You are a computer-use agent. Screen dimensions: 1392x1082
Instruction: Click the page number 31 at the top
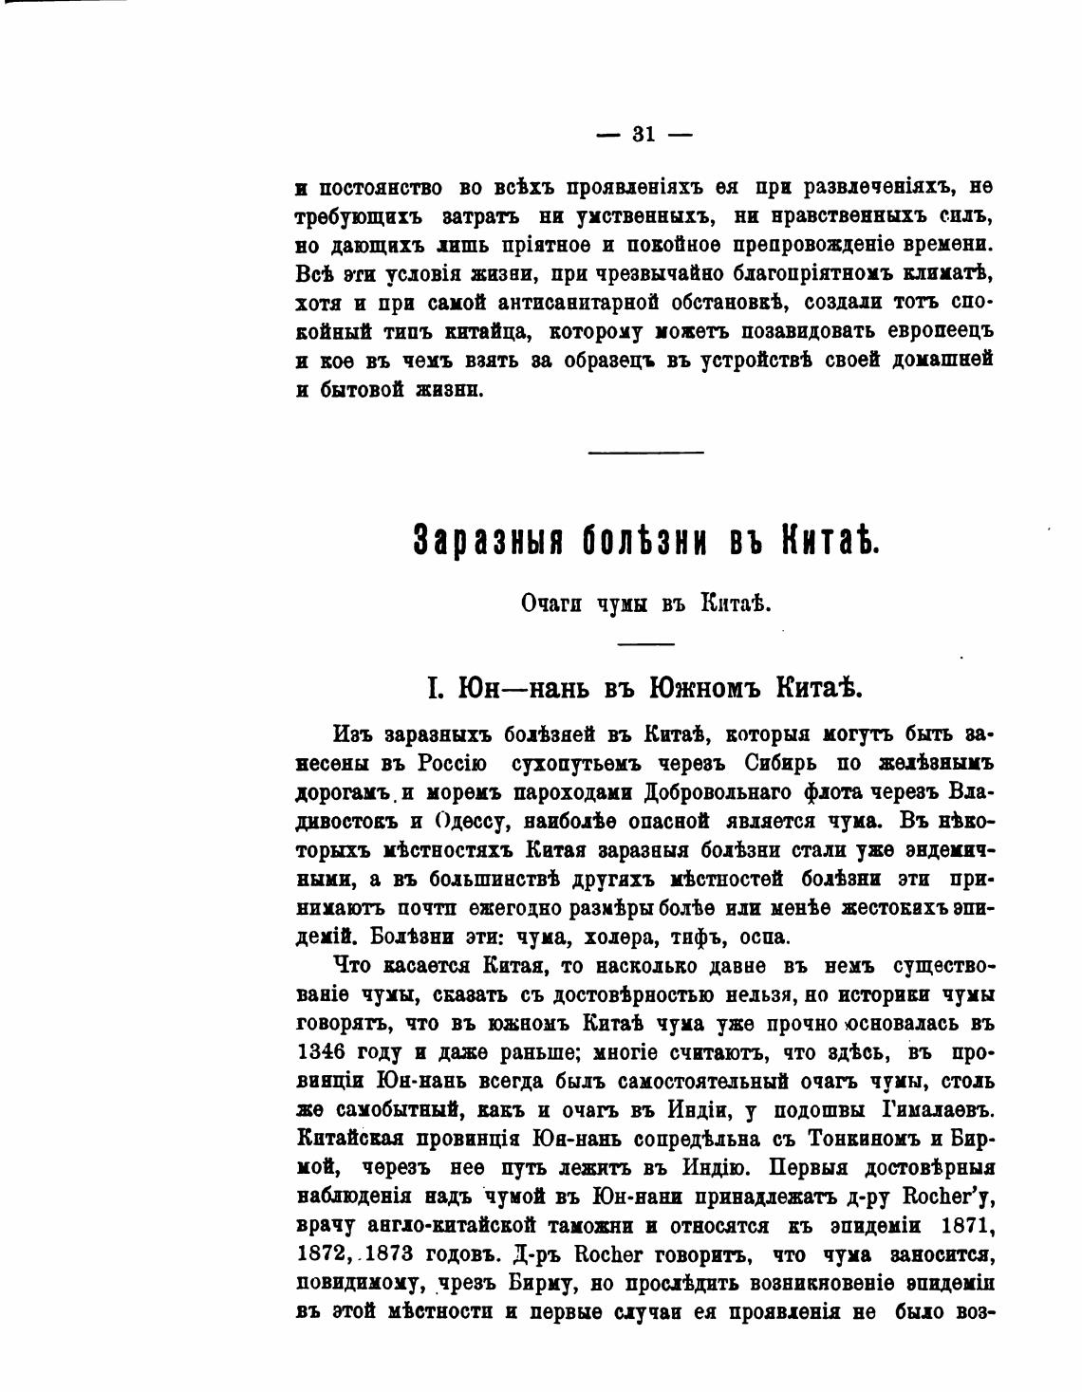(x=644, y=135)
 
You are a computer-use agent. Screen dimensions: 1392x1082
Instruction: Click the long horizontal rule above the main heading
(x=645, y=452)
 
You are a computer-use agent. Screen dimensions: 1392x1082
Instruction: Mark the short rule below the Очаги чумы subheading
(x=645, y=644)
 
